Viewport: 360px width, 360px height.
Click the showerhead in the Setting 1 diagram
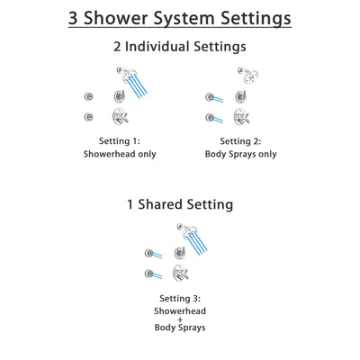pyautogui.click(x=121, y=74)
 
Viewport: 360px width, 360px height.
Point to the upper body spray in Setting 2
pyautogui.click(x=211, y=96)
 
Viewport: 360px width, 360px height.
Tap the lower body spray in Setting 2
pyautogui.click(x=211, y=116)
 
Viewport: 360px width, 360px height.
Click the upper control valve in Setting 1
pyautogui.click(x=119, y=96)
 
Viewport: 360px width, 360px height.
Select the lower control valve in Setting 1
pyautogui.click(x=119, y=116)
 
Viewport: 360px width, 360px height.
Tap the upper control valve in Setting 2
pyautogui.click(x=240, y=96)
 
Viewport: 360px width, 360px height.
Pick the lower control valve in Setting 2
pyautogui.click(x=240, y=116)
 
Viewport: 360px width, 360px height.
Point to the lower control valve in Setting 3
pyautogui.click(x=181, y=273)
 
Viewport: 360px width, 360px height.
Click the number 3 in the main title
pyautogui.click(x=75, y=17)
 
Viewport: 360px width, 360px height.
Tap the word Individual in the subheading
pyautogui.click(x=164, y=48)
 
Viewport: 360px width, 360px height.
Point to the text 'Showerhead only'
pyautogui.click(x=120, y=154)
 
